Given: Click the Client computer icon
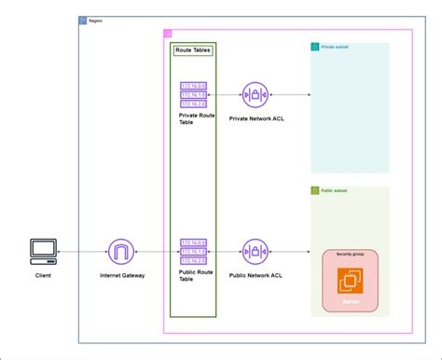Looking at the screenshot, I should tap(43, 252).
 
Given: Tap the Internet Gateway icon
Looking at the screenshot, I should tap(121, 252).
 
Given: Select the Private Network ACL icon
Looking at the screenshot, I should tap(255, 95).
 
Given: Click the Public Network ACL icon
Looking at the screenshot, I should tap(255, 252).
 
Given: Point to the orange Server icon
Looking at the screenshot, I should tap(351, 282).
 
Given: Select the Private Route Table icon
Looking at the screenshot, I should tap(193, 95).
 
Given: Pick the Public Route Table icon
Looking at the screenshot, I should tap(193, 252).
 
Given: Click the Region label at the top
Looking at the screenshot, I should tap(95, 20).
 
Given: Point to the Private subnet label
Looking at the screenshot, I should tap(336, 47).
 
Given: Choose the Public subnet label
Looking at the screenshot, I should tap(335, 190).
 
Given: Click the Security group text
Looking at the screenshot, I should tap(351, 254).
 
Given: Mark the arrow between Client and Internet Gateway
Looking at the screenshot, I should tap(82, 252).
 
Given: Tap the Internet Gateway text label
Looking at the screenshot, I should tap(122, 276).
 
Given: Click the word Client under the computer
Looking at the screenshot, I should tap(43, 276).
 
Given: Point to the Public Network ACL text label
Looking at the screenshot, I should tap(255, 276).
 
